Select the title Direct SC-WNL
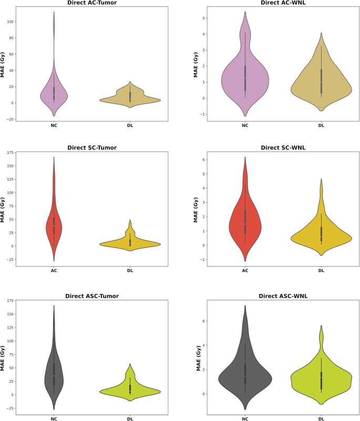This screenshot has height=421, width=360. pyautogui.click(x=283, y=148)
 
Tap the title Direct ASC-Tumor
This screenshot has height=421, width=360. pyautogui.click(x=92, y=296)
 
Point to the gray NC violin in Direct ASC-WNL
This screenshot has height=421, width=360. pyautogui.click(x=245, y=375)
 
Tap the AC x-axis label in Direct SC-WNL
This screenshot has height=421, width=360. pyautogui.click(x=245, y=271)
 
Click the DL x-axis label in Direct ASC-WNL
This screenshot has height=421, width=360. pyautogui.click(x=321, y=418)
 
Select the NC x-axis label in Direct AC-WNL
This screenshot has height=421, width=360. pyautogui.click(x=245, y=126)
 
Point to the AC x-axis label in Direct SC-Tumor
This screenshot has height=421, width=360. pyautogui.click(x=54, y=271)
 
